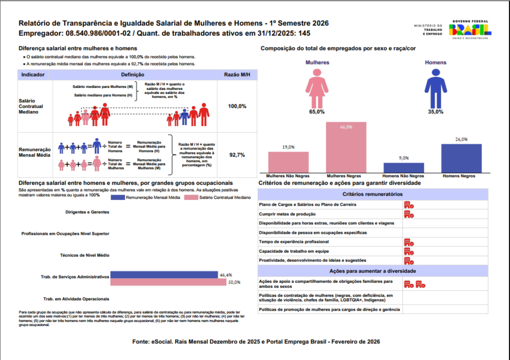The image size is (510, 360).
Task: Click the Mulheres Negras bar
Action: click(x=346, y=147)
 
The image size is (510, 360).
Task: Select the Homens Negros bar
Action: click(x=461, y=158)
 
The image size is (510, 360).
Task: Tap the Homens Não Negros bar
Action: click(x=403, y=168)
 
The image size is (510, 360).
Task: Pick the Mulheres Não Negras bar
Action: click(x=288, y=162)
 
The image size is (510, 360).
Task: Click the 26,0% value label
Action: click(x=461, y=139)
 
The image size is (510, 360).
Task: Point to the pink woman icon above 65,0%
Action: click(x=317, y=88)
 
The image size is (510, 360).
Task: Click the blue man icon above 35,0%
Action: click(x=436, y=88)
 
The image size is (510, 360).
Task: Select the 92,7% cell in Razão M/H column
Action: click(x=237, y=155)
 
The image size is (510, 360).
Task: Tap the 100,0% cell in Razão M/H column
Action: click(x=237, y=106)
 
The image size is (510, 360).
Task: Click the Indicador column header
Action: click(x=33, y=75)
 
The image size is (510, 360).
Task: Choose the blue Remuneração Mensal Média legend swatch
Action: click(x=118, y=198)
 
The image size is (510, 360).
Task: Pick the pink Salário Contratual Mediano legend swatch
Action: click(x=191, y=198)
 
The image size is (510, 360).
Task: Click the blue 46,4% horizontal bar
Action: click(x=164, y=275)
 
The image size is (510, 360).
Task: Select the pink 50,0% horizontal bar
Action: click(x=168, y=282)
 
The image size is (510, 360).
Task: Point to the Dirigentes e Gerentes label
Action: click(x=87, y=212)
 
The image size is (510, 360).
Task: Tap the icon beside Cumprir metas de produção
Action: click(x=409, y=214)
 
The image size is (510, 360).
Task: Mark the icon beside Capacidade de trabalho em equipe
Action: click(x=409, y=251)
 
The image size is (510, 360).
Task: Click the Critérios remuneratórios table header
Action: click(x=372, y=194)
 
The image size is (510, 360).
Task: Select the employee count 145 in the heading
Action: click(x=304, y=33)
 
